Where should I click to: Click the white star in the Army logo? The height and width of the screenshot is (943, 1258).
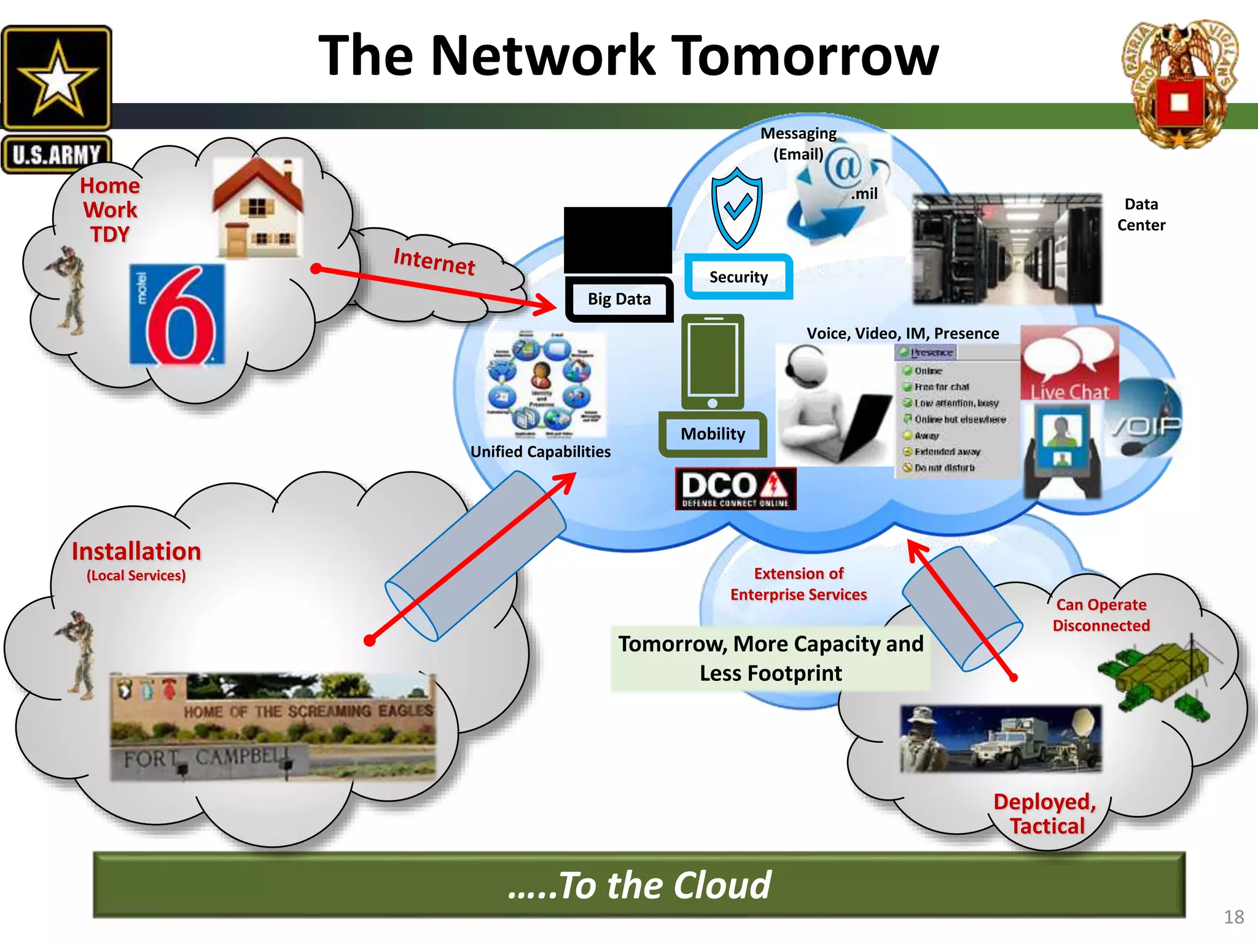tap(57, 79)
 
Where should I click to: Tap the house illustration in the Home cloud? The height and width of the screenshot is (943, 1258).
tap(258, 209)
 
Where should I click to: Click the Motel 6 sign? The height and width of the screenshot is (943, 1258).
tap(177, 314)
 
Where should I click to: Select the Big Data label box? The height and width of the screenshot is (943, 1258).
tap(619, 299)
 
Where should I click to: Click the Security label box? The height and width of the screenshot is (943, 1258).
tap(738, 277)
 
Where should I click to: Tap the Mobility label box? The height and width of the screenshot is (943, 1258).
tap(713, 434)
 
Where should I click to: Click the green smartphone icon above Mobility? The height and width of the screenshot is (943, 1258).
tap(713, 362)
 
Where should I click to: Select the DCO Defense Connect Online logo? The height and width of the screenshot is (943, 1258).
tap(735, 489)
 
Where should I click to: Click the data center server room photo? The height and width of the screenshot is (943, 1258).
tap(1007, 249)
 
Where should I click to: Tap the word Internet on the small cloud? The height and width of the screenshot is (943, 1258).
tap(434, 262)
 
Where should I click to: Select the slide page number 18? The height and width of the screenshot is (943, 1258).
tap(1233, 917)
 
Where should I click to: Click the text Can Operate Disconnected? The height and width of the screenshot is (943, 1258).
tap(1101, 615)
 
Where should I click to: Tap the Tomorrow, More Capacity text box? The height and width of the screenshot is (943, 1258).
tap(770, 659)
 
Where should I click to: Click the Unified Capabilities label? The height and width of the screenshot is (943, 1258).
tap(540, 452)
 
